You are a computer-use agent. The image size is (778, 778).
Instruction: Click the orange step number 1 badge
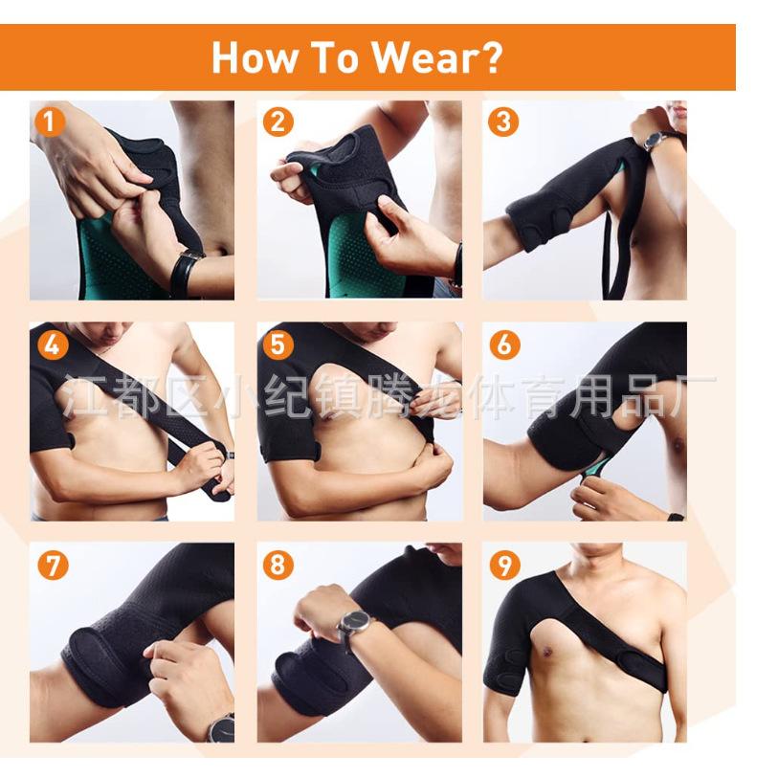click(x=50, y=122)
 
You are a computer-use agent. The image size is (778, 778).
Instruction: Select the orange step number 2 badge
click(x=278, y=122)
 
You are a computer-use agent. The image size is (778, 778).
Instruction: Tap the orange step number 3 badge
click(x=503, y=122)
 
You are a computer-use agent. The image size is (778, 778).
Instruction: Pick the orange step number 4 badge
click(x=53, y=345)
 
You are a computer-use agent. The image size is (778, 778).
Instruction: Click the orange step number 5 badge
click(x=278, y=345)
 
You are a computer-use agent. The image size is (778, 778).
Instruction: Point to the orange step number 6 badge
click(x=504, y=345)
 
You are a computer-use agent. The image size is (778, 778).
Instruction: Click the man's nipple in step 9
click(x=547, y=651)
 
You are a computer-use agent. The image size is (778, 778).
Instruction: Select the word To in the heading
click(x=335, y=57)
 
